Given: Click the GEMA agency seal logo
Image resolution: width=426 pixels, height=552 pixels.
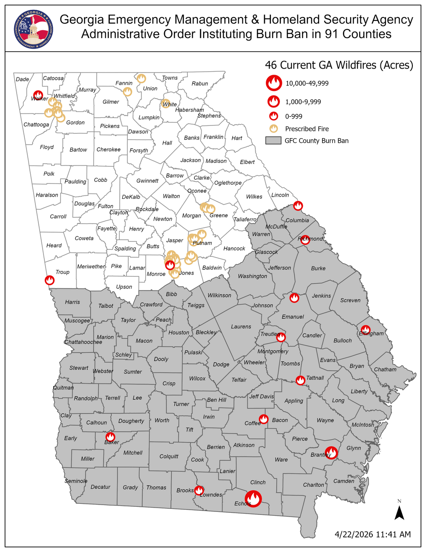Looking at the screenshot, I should point(34,29).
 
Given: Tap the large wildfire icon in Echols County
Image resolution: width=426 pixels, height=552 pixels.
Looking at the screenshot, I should point(253,498).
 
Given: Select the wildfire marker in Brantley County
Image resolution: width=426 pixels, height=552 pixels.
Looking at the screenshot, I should point(331,453).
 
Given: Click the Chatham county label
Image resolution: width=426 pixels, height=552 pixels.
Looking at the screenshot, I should point(385,369).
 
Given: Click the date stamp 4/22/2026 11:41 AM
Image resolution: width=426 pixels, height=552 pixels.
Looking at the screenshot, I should point(373,534).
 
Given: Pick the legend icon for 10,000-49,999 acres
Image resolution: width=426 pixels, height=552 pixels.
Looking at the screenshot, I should point(274,83).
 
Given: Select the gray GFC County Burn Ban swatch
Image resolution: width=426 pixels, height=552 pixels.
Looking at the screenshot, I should point(273,141).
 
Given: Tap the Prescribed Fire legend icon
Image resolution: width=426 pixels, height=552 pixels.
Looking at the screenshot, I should point(273,129).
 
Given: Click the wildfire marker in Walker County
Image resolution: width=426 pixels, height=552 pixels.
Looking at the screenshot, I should point(38,96).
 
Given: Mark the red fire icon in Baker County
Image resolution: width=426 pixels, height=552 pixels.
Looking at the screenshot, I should point(110,437).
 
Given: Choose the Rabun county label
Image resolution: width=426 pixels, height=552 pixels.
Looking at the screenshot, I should point(200,84).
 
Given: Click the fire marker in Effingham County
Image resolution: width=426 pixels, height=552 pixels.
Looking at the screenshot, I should point(366,330).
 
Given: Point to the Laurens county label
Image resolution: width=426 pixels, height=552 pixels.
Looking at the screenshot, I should point(241,326).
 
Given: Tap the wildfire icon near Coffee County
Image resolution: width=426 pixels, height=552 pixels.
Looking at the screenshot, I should point(264,419).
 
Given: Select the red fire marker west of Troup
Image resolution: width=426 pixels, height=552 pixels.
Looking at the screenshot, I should point(50,280).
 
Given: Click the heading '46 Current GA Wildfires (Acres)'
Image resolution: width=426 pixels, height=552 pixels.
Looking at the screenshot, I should point(339,65).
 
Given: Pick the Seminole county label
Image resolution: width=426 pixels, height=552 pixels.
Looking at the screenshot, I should point(76,481).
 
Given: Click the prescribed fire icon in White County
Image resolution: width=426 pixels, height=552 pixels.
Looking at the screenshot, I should point(166,103).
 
